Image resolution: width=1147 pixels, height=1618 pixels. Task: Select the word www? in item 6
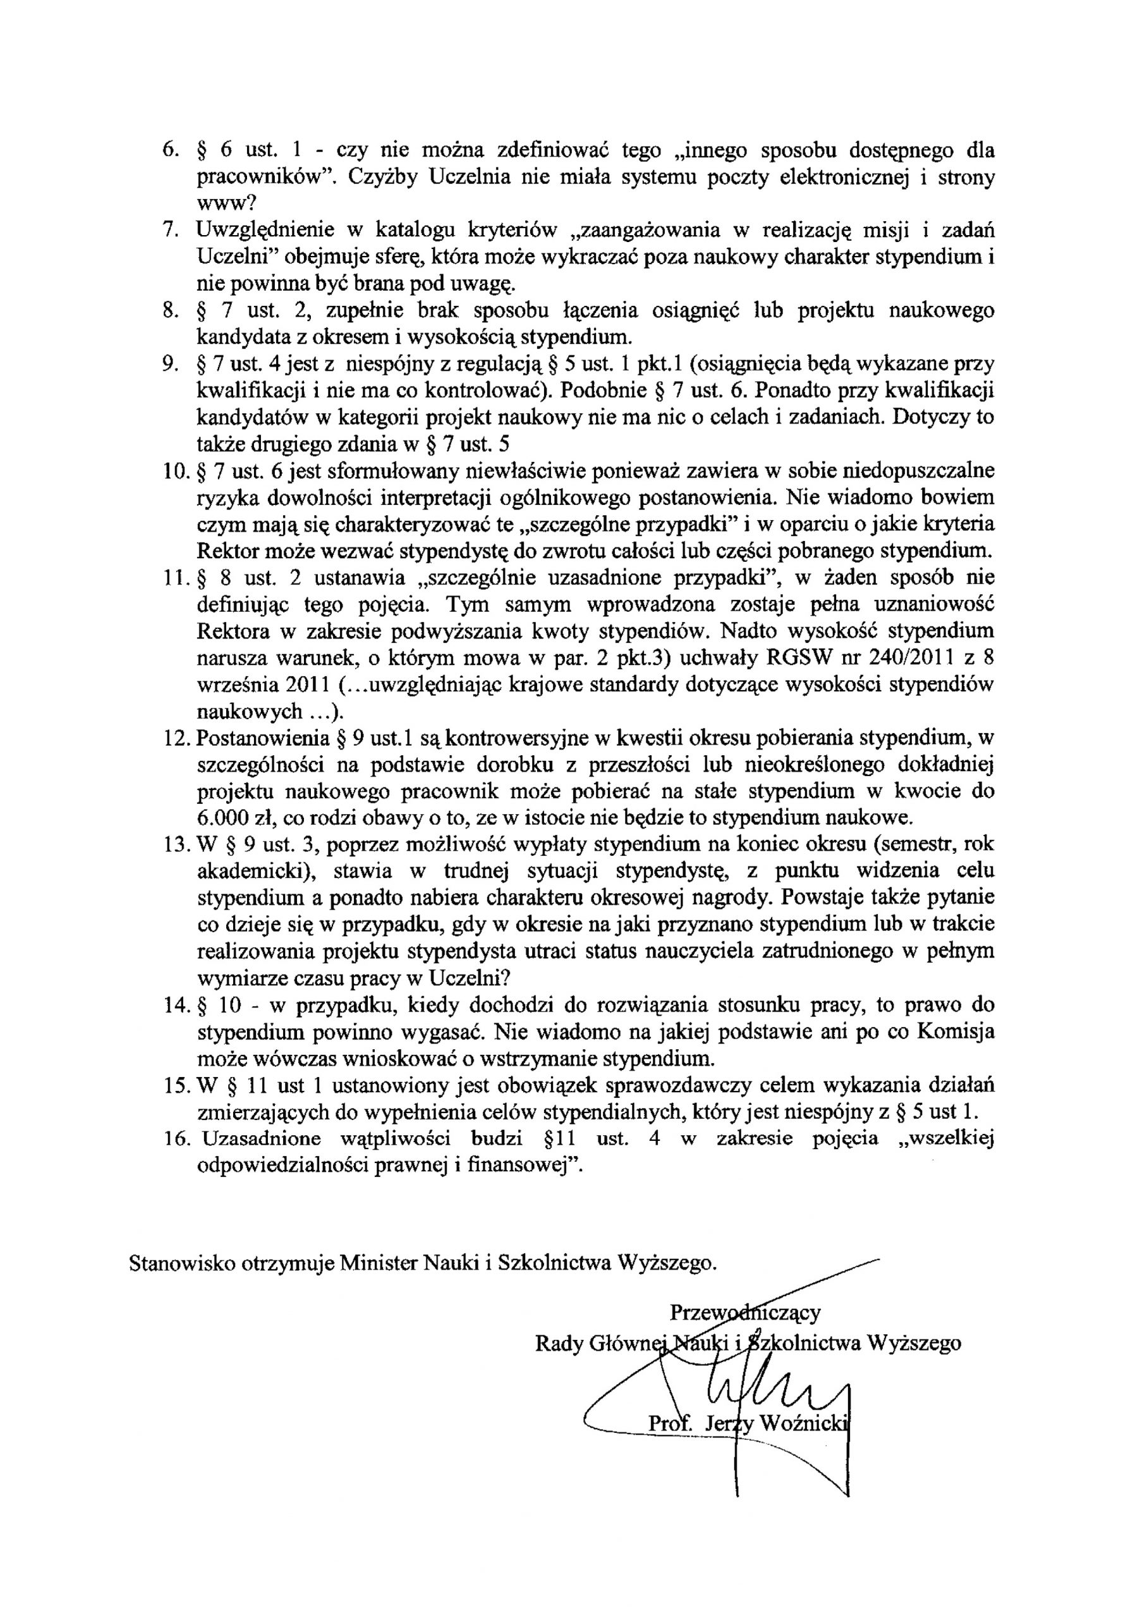(226, 205)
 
